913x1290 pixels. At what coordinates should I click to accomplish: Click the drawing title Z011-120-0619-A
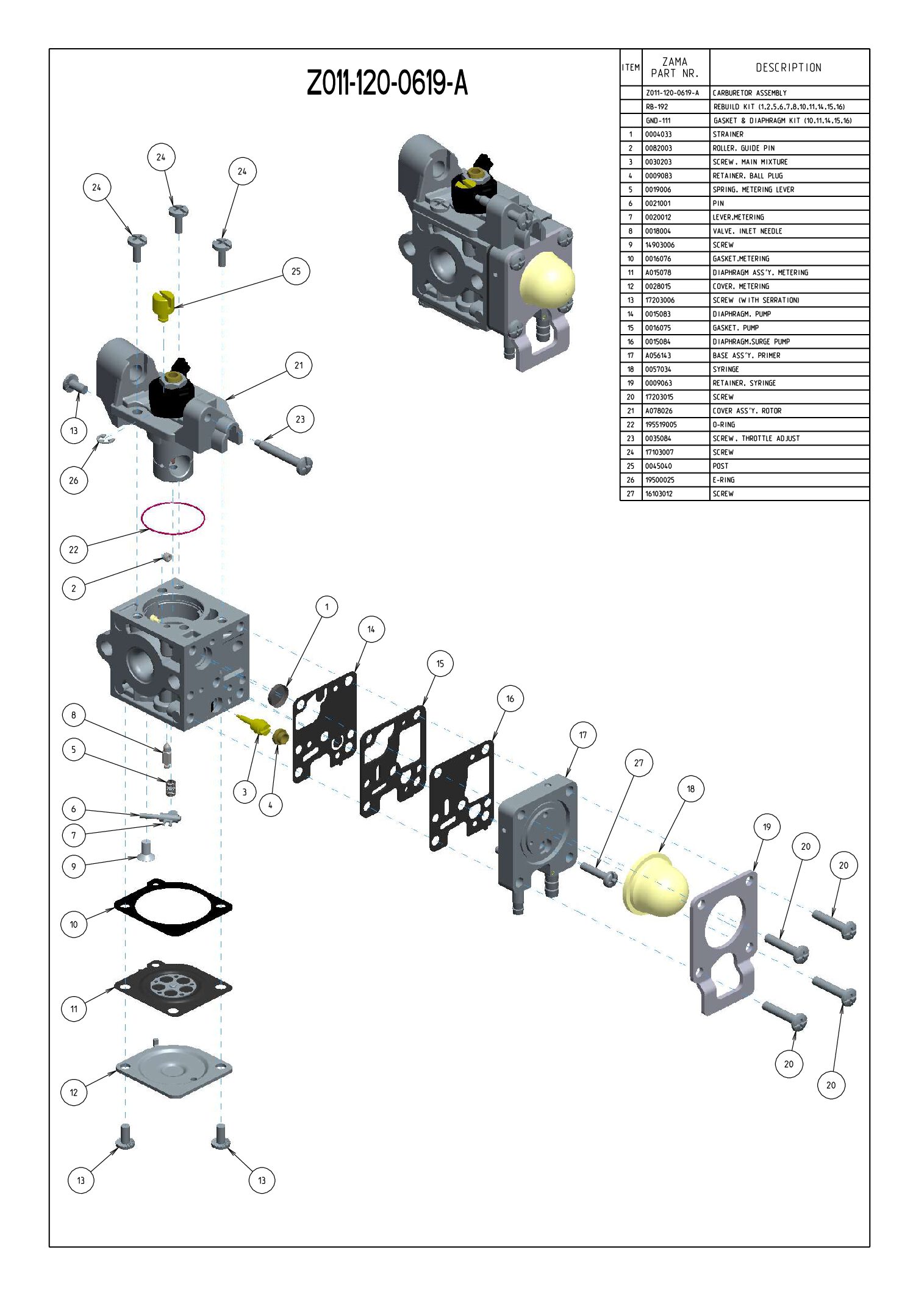pos(387,83)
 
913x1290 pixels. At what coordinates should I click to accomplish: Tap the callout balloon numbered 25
pos(296,271)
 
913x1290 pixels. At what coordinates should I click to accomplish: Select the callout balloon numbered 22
pos(74,549)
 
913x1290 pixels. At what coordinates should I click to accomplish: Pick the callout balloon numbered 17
pos(582,735)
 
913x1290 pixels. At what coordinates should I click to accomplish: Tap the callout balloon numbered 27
pos(639,763)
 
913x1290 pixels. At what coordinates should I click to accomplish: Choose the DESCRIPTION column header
pos(789,68)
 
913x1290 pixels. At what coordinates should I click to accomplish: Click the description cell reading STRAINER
pos(728,134)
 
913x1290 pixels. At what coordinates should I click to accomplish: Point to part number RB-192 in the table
pos(657,107)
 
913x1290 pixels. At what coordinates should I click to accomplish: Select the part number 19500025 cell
pos(660,480)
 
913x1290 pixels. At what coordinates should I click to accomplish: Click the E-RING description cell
pos(724,480)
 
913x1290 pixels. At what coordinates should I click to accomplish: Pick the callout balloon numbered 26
pos(74,480)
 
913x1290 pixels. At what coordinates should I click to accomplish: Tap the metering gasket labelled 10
pos(174,907)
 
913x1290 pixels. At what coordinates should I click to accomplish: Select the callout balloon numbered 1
pos(326,607)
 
